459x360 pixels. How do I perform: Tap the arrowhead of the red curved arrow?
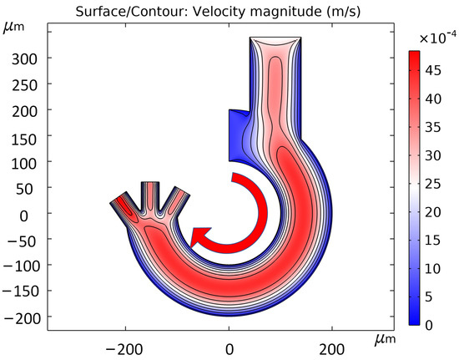[x=199, y=238]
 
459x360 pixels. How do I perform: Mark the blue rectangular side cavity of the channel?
[x=240, y=134]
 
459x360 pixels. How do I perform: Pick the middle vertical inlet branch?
[x=151, y=195]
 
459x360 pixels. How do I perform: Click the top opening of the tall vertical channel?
[x=275, y=38]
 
